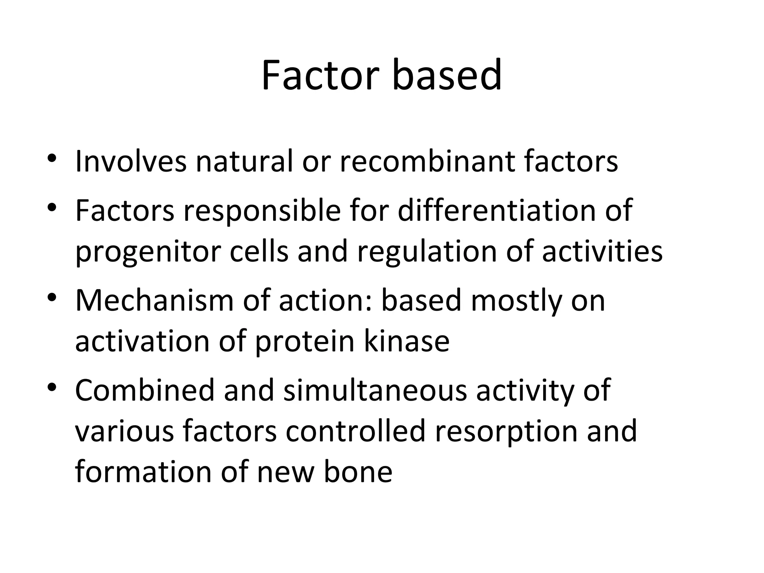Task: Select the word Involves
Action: (x=131, y=162)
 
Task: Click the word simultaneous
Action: (x=375, y=391)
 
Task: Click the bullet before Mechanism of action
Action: (x=52, y=297)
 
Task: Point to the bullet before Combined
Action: (x=52, y=387)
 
